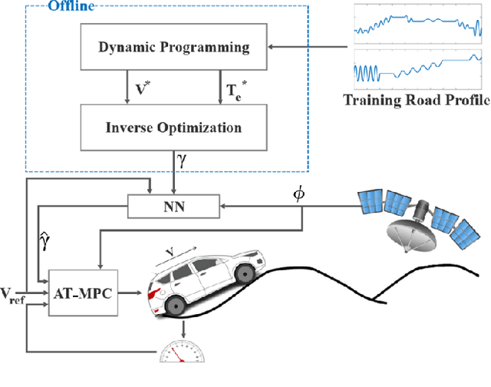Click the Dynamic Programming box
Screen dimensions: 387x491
(x=174, y=48)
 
